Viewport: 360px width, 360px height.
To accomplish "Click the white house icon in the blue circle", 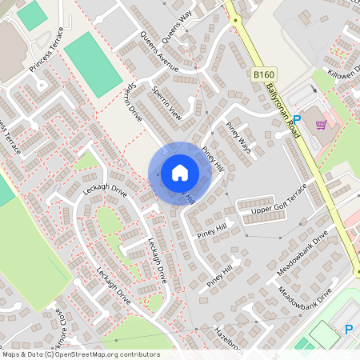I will pyautogui.click(x=179, y=171).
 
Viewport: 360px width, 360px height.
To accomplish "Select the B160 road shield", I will pyautogui.click(x=258, y=74).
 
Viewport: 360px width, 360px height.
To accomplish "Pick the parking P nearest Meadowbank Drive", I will pyautogui.click(x=348, y=328).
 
